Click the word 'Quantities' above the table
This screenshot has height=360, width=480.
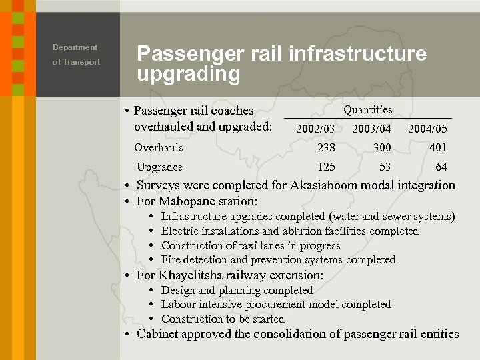click(367, 109)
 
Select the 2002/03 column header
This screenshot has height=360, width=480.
click(315, 129)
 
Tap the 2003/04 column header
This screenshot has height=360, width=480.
click(371, 129)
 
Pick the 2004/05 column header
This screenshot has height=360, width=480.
click(427, 129)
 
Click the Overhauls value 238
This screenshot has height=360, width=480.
click(326, 147)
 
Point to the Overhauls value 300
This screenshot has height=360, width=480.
click(382, 147)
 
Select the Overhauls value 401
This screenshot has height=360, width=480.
click(438, 147)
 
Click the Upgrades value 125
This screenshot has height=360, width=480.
click(326, 167)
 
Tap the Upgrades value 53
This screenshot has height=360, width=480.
click(385, 167)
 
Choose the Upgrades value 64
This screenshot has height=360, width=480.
click(441, 167)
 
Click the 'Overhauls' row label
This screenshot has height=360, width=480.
click(159, 147)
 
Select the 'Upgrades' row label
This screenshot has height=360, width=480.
click(159, 167)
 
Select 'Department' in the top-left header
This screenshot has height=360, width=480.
click(75, 47)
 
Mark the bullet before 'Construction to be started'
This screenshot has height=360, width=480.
click(153, 319)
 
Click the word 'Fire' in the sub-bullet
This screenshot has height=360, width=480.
click(171, 260)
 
